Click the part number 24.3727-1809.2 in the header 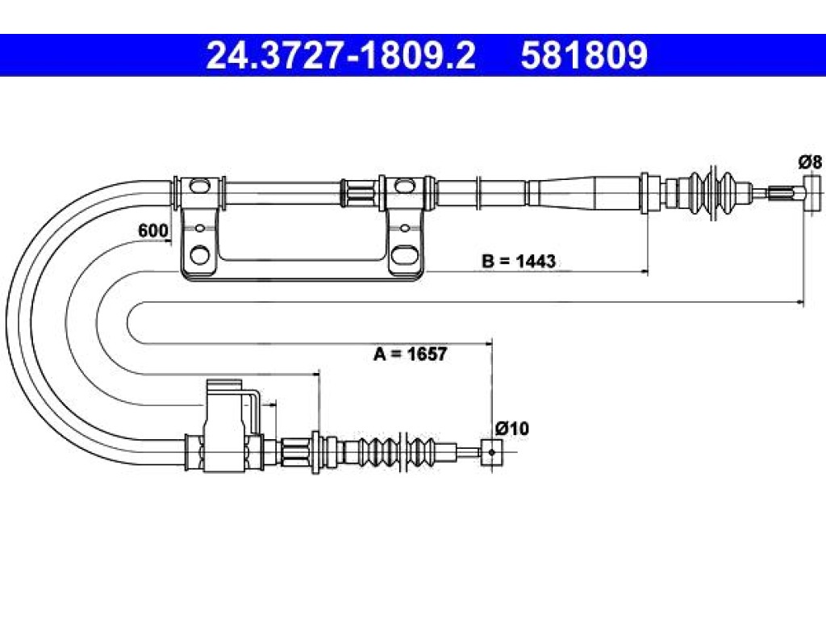[x=341, y=56]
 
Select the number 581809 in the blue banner [x=584, y=56]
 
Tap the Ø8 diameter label [x=810, y=161]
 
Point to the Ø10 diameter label [x=511, y=428]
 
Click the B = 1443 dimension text [x=519, y=261]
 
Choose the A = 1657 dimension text [x=411, y=354]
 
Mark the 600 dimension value [x=152, y=230]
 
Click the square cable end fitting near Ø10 [x=491, y=452]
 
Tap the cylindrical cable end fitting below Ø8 [x=812, y=194]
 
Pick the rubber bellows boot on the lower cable [x=403, y=452]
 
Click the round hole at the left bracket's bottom [x=199, y=254]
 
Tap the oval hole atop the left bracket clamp [x=199, y=186]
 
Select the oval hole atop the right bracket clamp [x=405, y=186]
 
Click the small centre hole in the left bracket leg [x=200, y=228]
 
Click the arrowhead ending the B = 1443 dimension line [x=645, y=271]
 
